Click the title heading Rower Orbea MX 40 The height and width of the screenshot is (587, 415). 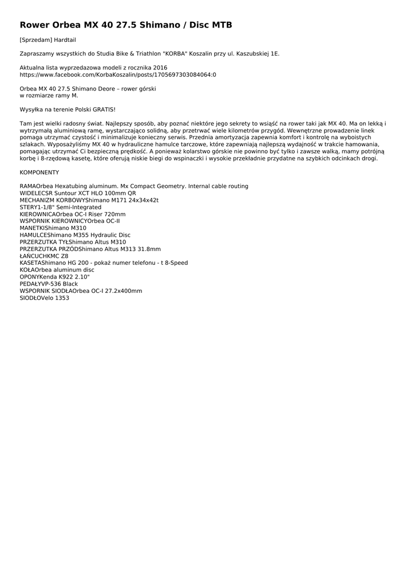click(126, 25)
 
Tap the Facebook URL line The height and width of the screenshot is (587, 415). click(118, 75)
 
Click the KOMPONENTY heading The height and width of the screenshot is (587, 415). click(39, 172)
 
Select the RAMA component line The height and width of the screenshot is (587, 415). click(134, 186)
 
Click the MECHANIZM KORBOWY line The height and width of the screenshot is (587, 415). click(89, 200)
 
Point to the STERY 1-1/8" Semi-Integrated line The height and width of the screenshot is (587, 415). click(60, 207)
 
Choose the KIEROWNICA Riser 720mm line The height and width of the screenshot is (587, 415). click(73, 214)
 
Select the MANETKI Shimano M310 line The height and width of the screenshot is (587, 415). click(53, 228)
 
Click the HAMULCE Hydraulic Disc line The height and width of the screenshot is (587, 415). click(75, 235)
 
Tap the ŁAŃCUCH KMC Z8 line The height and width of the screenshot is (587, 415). click(44, 256)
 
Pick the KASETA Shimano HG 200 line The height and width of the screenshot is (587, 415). click(104, 263)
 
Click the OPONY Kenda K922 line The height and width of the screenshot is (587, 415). click(54, 277)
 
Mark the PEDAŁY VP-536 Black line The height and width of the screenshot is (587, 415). click(49, 284)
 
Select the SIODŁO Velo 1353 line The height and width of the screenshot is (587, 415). click(44, 298)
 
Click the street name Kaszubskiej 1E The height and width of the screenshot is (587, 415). click(259, 53)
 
